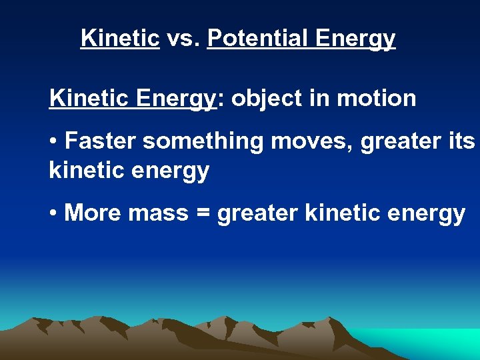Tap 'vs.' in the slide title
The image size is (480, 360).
tap(183, 38)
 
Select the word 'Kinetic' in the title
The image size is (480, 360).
tap(120, 38)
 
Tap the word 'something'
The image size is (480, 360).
tap(203, 143)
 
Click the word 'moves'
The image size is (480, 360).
tap(309, 142)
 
